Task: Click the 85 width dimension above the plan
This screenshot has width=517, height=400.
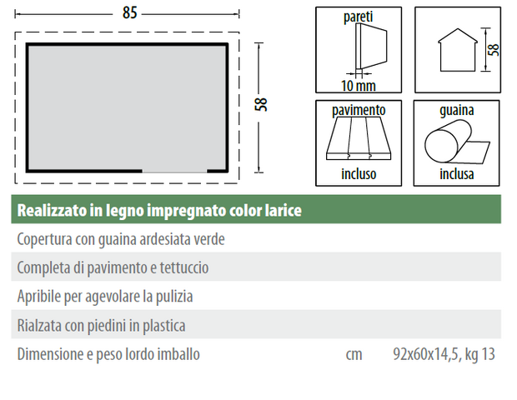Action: point(129,13)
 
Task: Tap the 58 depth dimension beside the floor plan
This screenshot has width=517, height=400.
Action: point(261,104)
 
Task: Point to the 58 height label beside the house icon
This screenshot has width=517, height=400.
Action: point(494,50)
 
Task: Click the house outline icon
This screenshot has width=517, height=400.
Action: point(458,50)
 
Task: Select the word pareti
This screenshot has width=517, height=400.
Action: point(358,17)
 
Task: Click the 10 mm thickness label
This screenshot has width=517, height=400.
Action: point(359,86)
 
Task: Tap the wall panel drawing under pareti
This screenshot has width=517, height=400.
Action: point(371,47)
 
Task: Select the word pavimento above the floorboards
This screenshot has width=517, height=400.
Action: point(359,110)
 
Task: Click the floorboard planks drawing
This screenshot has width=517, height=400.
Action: point(359,138)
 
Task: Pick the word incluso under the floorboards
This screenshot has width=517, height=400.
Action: point(359,174)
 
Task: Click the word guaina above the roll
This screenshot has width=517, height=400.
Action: point(457,110)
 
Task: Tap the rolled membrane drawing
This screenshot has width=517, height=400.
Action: point(457,142)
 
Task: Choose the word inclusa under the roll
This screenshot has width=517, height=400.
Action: point(457,174)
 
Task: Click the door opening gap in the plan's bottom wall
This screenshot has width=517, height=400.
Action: point(174,171)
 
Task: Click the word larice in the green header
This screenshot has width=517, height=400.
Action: point(284,210)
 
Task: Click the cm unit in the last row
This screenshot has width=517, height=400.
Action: point(354,355)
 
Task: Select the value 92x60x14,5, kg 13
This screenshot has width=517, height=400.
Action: point(444,354)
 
